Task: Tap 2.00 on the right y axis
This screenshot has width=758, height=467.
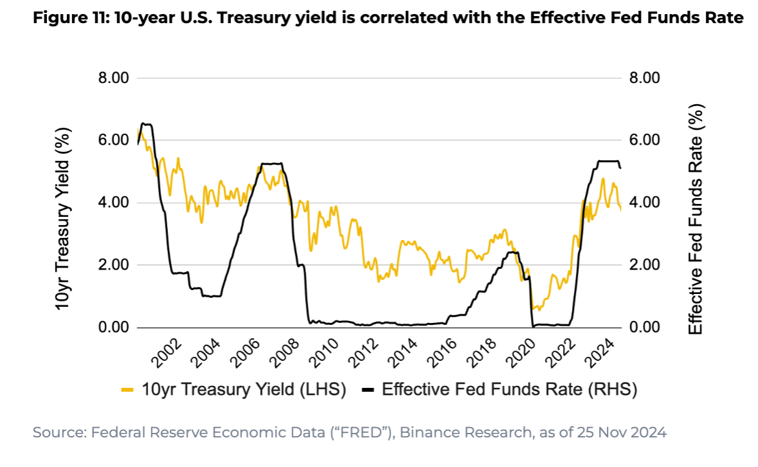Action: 644,265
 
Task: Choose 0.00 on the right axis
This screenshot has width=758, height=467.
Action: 644,327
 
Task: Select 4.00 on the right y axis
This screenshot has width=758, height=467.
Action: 644,203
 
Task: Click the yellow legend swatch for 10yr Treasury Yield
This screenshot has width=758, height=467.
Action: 127,389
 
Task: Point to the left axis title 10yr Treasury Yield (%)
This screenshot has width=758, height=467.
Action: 63,219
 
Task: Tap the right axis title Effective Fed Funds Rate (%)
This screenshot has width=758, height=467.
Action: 696,219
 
